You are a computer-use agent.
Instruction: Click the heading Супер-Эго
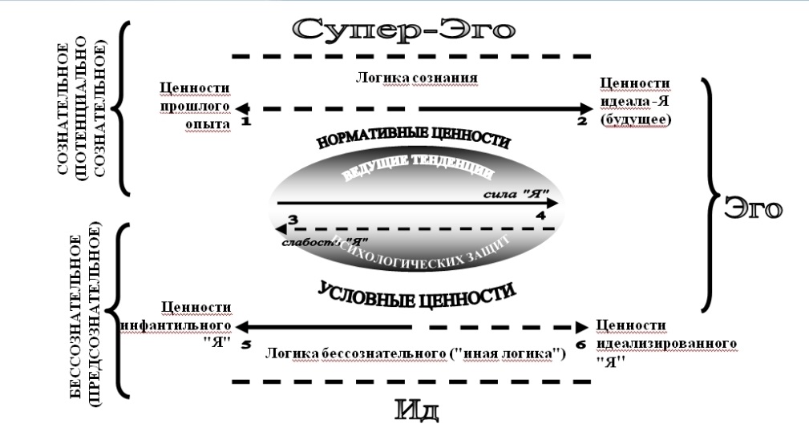coord(403,30)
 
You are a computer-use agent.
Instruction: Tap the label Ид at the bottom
coord(418,410)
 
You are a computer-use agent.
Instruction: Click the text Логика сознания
coord(417,78)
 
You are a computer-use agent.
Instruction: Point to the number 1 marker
coord(245,121)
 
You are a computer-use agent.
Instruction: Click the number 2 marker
coord(582,121)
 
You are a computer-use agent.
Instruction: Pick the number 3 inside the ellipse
coord(293,219)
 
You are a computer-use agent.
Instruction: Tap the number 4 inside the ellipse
coord(540,216)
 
